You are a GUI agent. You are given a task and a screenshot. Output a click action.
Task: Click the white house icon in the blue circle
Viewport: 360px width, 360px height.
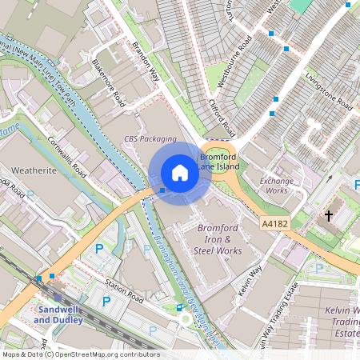180,173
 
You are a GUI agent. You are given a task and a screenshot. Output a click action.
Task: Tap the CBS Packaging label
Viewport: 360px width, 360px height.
150,138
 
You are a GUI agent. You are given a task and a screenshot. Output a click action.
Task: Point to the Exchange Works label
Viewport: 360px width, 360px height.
276,186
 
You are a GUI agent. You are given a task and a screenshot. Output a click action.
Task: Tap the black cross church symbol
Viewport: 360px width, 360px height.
328,216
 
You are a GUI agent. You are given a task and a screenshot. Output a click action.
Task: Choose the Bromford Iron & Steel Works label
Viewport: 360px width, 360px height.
218,239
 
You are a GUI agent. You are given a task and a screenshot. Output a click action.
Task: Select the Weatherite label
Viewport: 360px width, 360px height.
34,170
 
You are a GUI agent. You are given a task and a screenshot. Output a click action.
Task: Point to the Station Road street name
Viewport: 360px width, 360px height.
123,291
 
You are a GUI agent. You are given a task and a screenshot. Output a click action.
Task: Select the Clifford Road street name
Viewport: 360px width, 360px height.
222,117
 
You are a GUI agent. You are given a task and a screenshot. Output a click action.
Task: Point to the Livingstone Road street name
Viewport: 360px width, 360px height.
329,92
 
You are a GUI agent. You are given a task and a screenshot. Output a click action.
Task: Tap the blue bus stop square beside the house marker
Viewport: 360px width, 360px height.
162,190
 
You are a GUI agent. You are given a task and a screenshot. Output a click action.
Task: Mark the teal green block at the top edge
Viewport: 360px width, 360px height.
301,5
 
